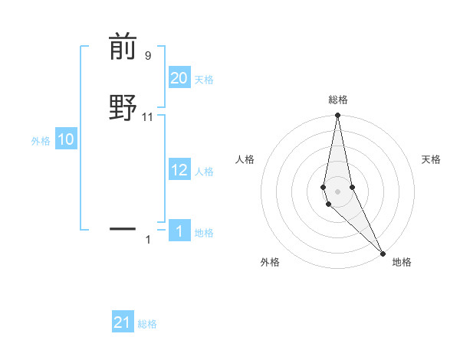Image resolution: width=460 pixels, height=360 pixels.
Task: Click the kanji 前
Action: [123, 47]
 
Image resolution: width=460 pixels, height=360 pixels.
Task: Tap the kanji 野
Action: [123, 106]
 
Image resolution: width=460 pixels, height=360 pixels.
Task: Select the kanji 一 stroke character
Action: [123, 228]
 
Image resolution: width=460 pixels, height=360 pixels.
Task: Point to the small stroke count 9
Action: [147, 55]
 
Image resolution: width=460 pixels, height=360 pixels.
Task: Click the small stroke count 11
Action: [147, 117]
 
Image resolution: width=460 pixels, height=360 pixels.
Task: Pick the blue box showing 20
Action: [179, 78]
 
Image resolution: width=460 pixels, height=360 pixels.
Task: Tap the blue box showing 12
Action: [179, 170]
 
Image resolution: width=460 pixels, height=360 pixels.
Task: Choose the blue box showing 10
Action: [66, 139]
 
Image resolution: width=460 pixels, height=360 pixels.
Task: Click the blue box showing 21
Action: [123, 322]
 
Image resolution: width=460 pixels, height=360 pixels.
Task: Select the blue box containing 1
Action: [179, 231]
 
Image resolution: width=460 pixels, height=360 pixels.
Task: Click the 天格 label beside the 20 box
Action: [204, 80]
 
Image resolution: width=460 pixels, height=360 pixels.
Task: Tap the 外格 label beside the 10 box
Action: [41, 141]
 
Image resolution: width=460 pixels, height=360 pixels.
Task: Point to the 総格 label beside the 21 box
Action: [147, 324]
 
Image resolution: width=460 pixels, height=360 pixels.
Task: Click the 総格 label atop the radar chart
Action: [338, 100]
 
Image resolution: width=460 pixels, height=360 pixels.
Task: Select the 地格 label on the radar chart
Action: [402, 262]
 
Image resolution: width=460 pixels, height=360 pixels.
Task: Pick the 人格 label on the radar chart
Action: [245, 159]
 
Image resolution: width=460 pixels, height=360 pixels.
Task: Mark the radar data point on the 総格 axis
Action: [338, 116]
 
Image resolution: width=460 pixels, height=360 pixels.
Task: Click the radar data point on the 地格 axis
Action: [383, 253]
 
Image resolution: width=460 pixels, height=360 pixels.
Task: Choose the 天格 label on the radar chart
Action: [431, 159]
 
